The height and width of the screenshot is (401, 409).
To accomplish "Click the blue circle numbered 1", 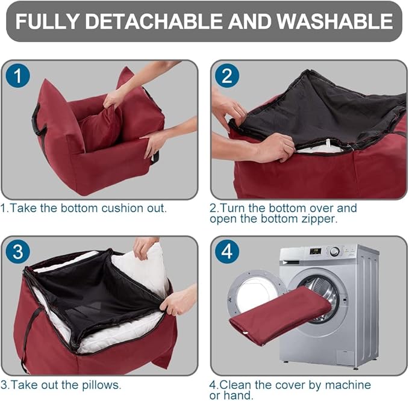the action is tap(17, 75).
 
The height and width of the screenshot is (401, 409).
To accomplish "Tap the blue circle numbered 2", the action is tap(227, 75).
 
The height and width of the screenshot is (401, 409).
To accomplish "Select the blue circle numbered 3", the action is tap(17, 252).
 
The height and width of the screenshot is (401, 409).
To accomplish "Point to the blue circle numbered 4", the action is tap(227, 252).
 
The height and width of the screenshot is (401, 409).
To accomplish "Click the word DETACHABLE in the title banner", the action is tap(154, 21).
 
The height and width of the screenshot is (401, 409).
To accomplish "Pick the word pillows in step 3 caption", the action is tap(102, 385).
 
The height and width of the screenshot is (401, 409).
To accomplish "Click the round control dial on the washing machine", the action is tap(334, 252).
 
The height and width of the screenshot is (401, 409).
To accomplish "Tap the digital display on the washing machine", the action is tap(315, 251).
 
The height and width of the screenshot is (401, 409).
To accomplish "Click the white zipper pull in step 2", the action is tap(328, 143).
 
